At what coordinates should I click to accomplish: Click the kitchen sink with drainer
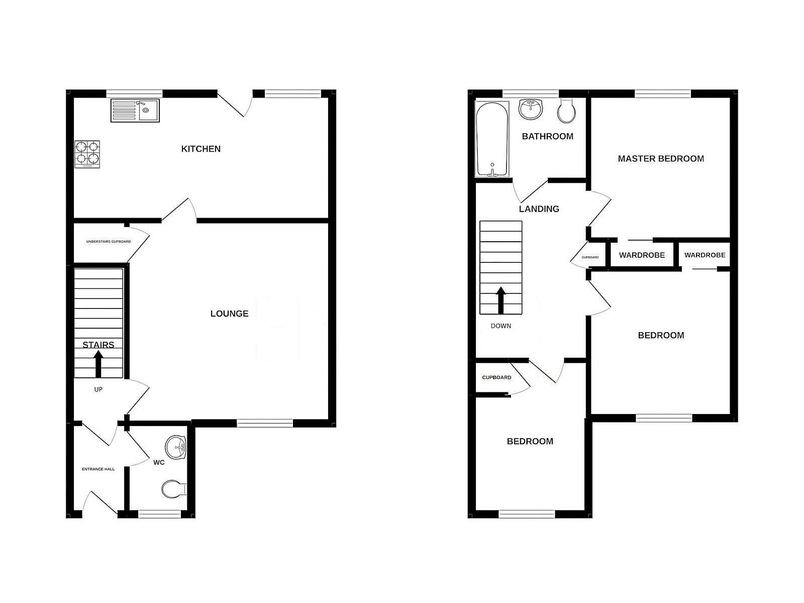[135, 110]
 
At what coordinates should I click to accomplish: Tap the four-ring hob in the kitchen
[87, 154]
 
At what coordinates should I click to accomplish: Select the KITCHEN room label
[200, 149]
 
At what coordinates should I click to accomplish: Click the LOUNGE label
[229, 314]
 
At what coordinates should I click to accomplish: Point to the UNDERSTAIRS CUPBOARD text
[109, 242]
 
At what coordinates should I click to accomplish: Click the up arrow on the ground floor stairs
[98, 364]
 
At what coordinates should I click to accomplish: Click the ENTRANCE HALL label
[98, 469]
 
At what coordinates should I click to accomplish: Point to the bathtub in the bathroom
[492, 140]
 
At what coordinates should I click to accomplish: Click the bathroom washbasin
[531, 109]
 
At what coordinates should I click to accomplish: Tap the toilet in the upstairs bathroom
[566, 111]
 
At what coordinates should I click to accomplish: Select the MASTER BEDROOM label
[661, 159]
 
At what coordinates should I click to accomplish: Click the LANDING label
[539, 209]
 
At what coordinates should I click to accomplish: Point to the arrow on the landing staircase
[500, 300]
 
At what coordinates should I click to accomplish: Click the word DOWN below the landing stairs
[500, 326]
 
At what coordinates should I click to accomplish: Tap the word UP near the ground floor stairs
[98, 389]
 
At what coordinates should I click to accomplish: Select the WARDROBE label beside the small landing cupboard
[642, 255]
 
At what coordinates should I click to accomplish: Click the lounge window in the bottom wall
[265, 424]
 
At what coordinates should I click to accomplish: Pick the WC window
[159, 515]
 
